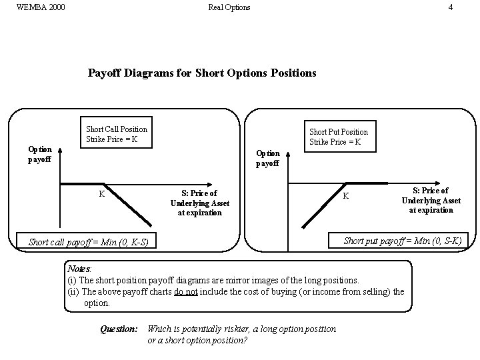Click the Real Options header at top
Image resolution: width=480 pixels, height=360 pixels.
[x=229, y=7]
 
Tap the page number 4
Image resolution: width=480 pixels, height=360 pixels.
[x=451, y=7]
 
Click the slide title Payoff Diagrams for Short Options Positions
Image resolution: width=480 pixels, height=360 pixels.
[x=202, y=73]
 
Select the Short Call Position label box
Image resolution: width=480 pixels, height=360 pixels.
[x=117, y=134]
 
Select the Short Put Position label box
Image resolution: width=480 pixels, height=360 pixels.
[x=339, y=137]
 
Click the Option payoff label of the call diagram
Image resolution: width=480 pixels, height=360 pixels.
[x=39, y=154]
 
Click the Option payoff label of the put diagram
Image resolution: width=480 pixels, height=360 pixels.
[x=268, y=158]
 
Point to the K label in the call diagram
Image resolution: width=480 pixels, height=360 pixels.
[x=101, y=194]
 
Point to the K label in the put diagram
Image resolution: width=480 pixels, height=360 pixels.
[x=345, y=196]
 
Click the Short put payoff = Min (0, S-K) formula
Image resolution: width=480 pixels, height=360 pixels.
[x=402, y=241]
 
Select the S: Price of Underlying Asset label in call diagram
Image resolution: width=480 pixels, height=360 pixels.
[x=200, y=203]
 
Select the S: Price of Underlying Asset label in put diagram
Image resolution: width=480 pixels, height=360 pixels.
[x=431, y=200]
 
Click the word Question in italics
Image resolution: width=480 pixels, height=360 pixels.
[x=119, y=329]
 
